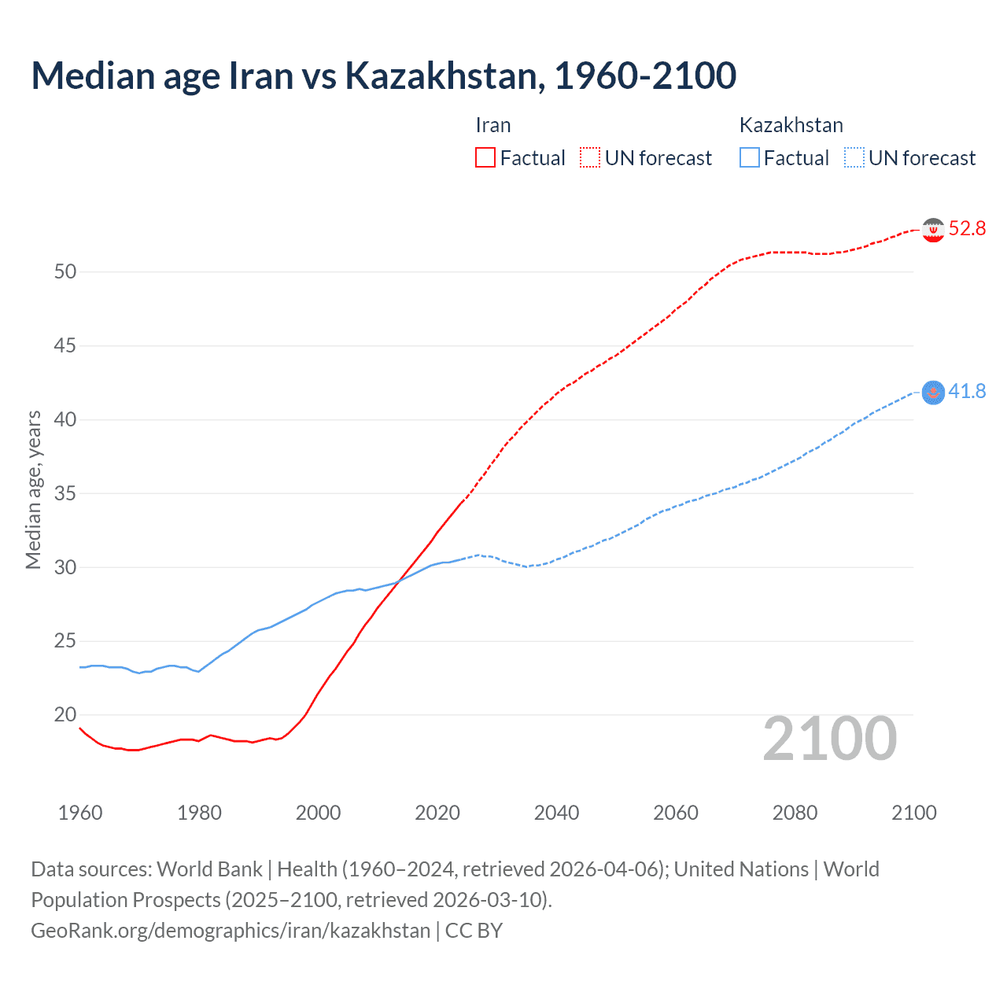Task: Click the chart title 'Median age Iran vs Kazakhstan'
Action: tap(383, 76)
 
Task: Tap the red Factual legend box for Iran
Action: tap(485, 157)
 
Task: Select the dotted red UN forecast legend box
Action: tap(590, 157)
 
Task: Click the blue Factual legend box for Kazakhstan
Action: tap(749, 157)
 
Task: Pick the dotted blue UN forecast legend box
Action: tap(854, 157)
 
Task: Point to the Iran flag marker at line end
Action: tap(933, 230)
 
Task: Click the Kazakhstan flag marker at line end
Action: tap(933, 392)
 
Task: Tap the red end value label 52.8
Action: tap(967, 229)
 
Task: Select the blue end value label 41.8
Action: tap(967, 391)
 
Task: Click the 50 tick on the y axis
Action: tap(65, 272)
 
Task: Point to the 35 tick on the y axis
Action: tap(65, 494)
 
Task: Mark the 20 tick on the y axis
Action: tap(65, 715)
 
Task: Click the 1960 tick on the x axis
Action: tap(80, 813)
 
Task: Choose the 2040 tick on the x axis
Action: tap(556, 813)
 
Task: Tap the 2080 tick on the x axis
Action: tap(795, 813)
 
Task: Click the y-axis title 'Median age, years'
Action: tap(33, 489)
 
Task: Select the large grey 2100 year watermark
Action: tap(829, 739)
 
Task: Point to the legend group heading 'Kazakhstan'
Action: tap(791, 125)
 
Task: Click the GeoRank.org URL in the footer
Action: tap(231, 931)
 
